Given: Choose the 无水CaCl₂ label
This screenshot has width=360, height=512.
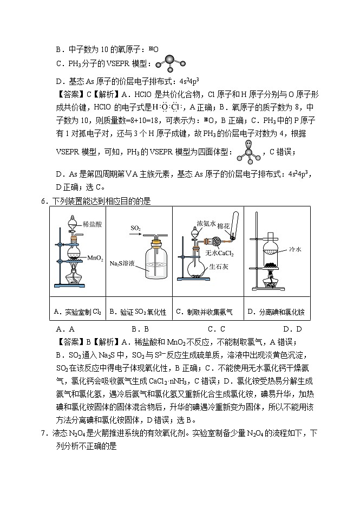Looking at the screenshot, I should click(x=217, y=252).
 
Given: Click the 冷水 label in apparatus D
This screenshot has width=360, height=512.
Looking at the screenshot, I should click(x=294, y=250).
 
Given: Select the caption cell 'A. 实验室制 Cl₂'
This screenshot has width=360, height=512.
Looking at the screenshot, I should click(x=77, y=312).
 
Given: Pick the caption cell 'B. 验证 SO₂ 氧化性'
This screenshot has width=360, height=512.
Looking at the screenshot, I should click(x=138, y=312).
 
